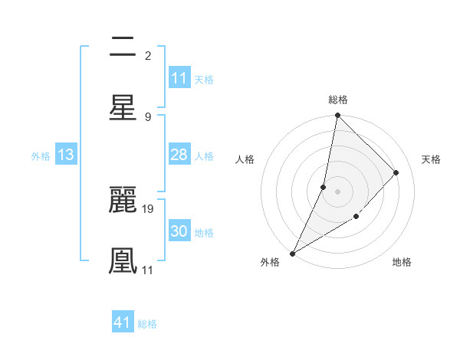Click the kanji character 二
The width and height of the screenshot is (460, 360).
(x=123, y=47)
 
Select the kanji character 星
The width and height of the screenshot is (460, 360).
(x=123, y=107)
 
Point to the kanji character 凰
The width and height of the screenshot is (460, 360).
(x=123, y=260)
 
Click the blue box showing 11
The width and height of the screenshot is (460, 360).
(x=179, y=78)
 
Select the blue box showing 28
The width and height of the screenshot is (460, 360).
(x=179, y=155)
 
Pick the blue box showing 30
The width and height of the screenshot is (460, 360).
(x=179, y=232)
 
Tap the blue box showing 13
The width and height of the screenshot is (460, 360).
(x=66, y=155)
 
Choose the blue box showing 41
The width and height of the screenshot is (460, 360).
(x=123, y=322)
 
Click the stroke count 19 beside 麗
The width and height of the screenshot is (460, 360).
(x=149, y=208)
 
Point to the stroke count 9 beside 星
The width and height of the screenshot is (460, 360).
(x=148, y=116)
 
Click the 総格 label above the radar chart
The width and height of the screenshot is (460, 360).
(x=338, y=100)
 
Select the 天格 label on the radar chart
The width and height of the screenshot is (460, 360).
(x=432, y=159)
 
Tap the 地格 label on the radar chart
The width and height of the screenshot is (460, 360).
(x=402, y=262)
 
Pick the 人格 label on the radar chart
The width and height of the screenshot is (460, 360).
(x=245, y=159)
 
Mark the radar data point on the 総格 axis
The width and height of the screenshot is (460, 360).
(x=337, y=116)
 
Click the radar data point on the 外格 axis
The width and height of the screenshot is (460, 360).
(x=293, y=253)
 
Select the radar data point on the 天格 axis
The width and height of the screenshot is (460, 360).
(x=396, y=172)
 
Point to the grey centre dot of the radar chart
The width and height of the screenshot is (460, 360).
(x=337, y=191)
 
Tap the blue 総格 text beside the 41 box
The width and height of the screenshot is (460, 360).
(x=147, y=324)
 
